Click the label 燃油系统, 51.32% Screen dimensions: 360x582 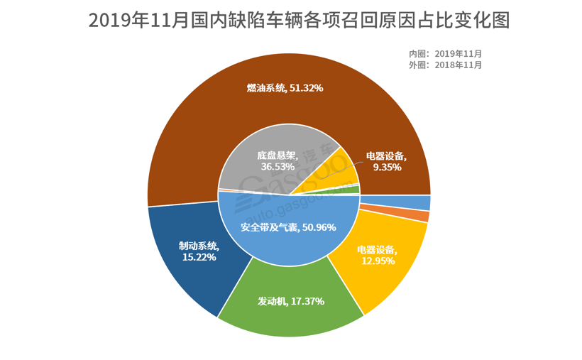285,88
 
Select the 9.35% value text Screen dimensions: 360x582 388,168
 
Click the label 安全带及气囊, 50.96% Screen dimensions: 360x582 288,228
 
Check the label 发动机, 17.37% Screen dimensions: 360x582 291,301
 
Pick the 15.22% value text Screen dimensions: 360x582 199,257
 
